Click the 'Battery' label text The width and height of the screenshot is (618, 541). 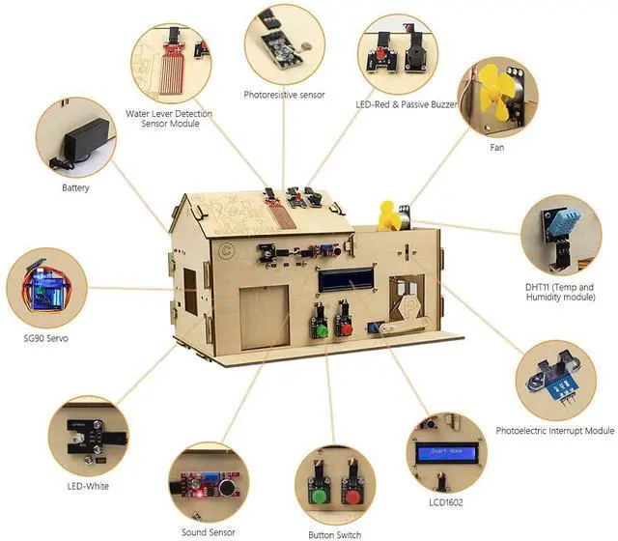click(x=75, y=187)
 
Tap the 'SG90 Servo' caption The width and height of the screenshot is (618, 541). click(x=45, y=339)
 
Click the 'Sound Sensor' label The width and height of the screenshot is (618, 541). click(x=209, y=531)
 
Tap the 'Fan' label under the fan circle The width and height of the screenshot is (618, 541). click(x=496, y=148)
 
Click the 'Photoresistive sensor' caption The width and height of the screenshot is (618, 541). click(x=285, y=95)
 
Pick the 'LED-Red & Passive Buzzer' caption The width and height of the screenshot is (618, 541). click(x=395, y=103)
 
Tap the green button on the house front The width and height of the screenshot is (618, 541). click(x=316, y=328)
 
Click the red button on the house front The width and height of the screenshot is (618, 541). click(x=343, y=327)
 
